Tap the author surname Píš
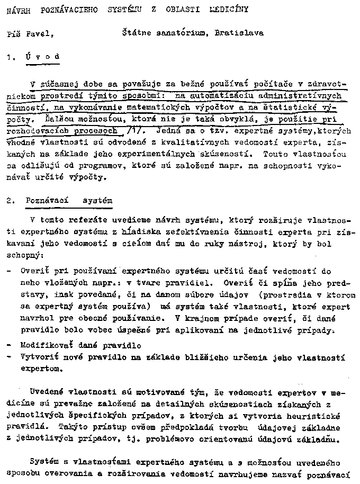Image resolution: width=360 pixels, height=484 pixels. pos(13,34)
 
